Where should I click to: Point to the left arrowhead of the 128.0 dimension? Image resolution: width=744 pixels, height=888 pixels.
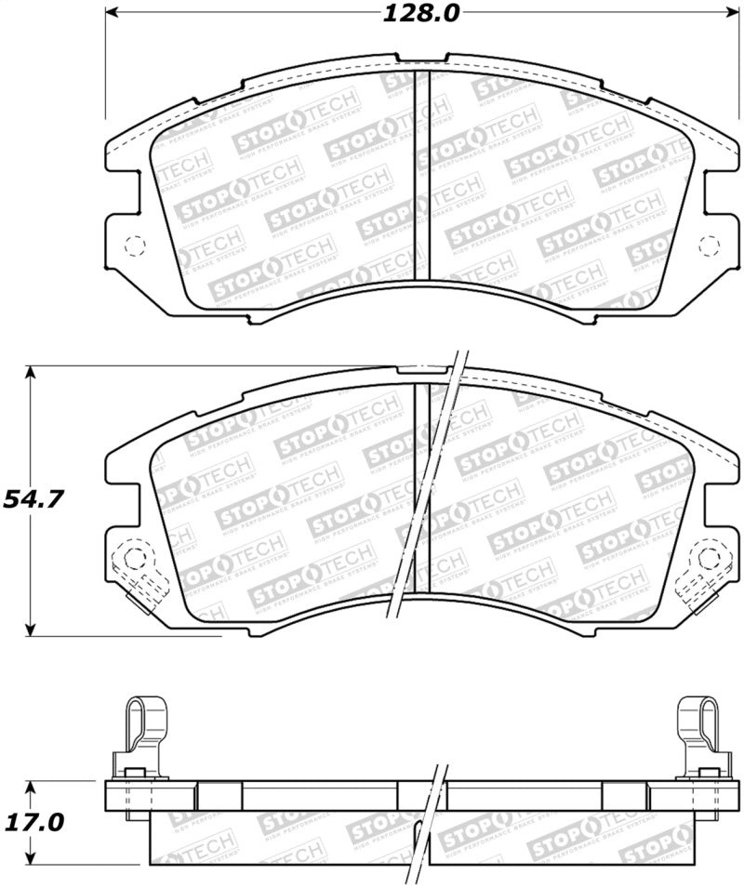point(110,14)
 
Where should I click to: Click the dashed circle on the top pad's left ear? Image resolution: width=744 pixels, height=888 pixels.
point(135,246)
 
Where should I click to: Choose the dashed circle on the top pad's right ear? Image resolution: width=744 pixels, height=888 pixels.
point(709,246)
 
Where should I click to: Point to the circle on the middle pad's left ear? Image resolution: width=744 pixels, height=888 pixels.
point(135,559)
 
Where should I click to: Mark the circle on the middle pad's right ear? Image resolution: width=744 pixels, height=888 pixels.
point(709,559)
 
